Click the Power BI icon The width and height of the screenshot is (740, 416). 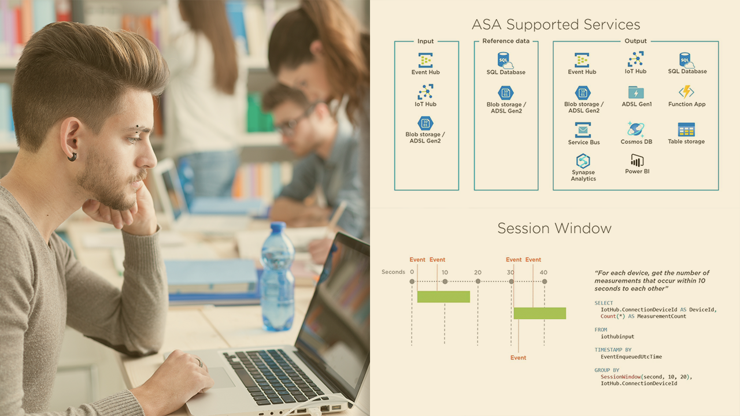pos(637,161)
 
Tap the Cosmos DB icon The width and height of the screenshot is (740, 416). pos(636,129)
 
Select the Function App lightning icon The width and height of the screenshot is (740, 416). pos(686,92)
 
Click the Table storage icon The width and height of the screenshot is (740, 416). pos(686,129)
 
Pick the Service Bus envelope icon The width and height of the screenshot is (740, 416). pos(583,130)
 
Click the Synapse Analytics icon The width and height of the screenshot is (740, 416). pos(583,161)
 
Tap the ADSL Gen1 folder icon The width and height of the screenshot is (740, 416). pos(636,92)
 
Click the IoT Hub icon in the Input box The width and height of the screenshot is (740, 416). pos(425,92)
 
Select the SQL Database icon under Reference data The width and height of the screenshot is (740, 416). pos(505,61)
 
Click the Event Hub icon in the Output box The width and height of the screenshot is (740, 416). pos(582,60)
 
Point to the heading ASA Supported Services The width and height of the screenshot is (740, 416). pos(556,24)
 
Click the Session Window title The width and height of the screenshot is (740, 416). pos(554,228)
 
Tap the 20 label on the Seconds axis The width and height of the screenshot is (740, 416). pos(478,272)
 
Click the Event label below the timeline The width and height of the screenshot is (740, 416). pos(518,358)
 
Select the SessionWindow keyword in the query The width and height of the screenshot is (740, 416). pos(621,377)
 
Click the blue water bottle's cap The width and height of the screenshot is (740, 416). pos(278,227)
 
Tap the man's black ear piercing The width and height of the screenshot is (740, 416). pos(72,157)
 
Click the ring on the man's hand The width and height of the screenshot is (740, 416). pos(200,362)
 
